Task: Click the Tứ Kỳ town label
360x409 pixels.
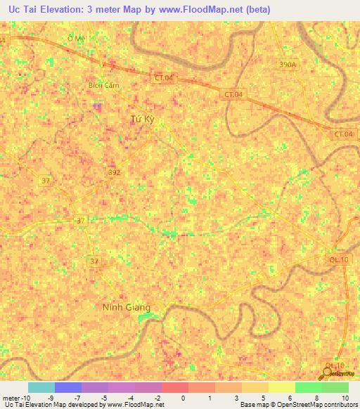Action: [142, 119]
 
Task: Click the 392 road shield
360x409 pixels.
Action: [115, 171]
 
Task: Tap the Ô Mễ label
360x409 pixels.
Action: [75, 37]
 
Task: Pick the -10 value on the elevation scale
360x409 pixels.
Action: [25, 397]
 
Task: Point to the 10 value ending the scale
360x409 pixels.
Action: [345, 397]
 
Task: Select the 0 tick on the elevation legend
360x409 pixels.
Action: [184, 397]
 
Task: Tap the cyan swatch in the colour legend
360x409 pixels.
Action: [41, 387]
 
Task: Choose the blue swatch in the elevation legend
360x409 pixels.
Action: [67, 387]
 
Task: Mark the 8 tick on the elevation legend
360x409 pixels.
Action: [318, 397]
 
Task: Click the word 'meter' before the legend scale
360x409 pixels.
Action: [11, 397]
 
